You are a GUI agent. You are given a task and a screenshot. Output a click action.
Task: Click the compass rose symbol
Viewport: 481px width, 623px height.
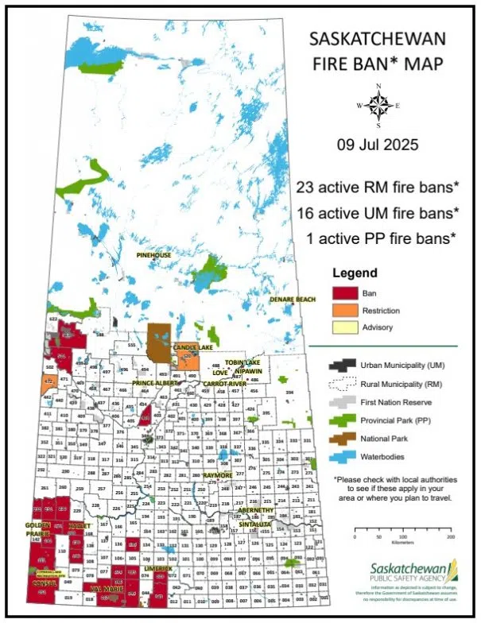(378, 105)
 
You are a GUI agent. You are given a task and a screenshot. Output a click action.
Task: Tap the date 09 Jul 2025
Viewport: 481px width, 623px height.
(377, 146)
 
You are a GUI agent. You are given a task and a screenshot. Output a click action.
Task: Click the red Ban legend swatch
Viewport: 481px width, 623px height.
(344, 293)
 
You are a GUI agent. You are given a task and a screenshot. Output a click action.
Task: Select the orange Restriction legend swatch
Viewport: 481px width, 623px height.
(344, 310)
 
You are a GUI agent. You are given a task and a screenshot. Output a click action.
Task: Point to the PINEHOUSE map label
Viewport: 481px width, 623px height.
(153, 255)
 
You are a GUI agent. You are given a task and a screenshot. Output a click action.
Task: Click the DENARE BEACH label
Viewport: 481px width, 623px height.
(292, 300)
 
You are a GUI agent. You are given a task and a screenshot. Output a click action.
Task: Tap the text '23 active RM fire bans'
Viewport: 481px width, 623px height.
(377, 188)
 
